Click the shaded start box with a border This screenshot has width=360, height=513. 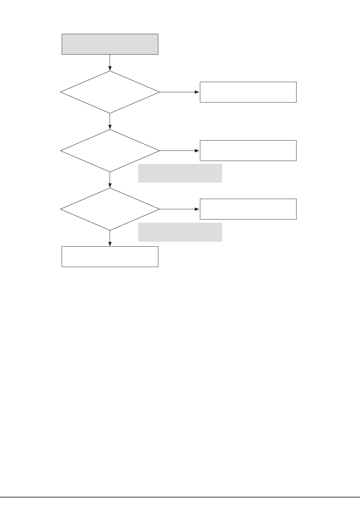tap(110, 44)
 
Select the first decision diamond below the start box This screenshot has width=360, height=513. tap(110, 92)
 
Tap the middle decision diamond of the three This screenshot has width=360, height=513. tap(110, 151)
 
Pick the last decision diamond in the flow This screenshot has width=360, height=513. tap(110, 209)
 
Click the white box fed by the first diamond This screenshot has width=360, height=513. tap(248, 92)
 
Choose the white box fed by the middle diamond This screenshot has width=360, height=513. tap(248, 150)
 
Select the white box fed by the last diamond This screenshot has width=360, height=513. tap(248, 209)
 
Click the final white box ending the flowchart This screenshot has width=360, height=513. tap(110, 256)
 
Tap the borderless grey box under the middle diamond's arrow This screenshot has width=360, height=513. tap(180, 173)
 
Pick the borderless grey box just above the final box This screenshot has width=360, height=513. tap(180, 232)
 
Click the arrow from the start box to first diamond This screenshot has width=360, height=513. tap(110, 62)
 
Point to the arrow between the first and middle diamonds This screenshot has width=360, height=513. tap(110, 121)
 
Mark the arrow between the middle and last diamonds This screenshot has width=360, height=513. tap(110, 180)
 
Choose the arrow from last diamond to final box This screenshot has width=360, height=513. tap(110, 238)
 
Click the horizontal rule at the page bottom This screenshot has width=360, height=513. tap(180, 497)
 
